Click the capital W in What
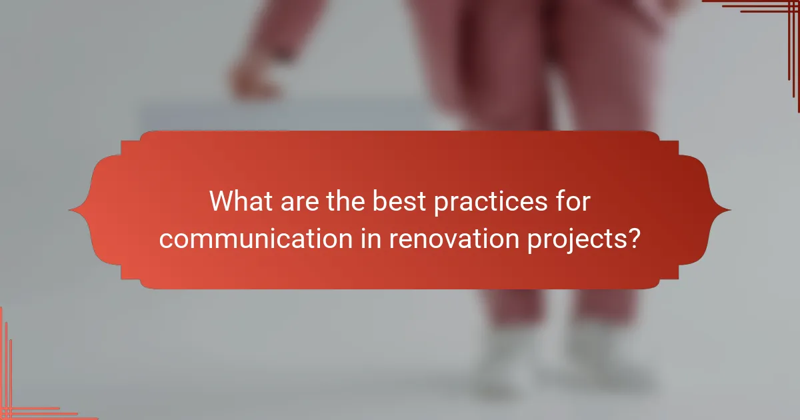click(222, 201)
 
